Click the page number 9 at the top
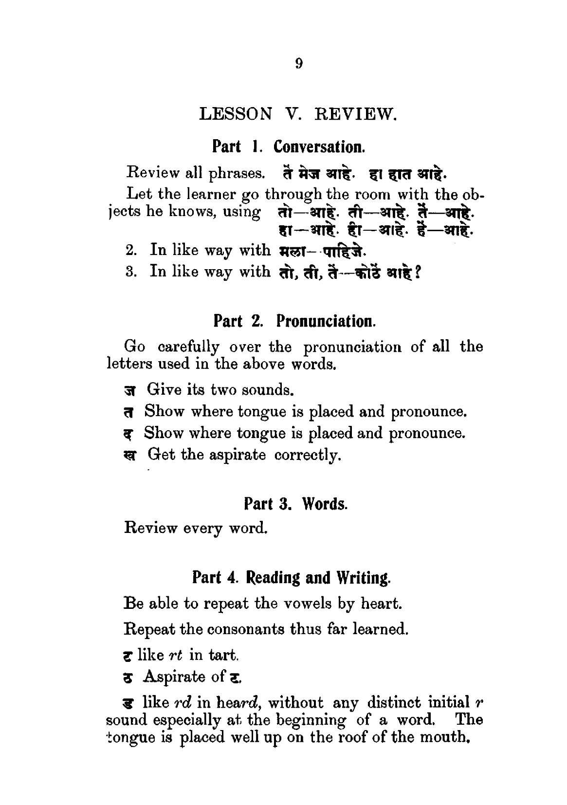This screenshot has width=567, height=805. pos(299,64)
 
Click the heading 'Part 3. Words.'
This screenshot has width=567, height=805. pos(295,503)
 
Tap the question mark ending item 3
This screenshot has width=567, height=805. pos(417,272)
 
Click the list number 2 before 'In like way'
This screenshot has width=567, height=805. pos(129,251)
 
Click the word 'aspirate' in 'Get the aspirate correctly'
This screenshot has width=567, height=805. pos(238,455)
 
